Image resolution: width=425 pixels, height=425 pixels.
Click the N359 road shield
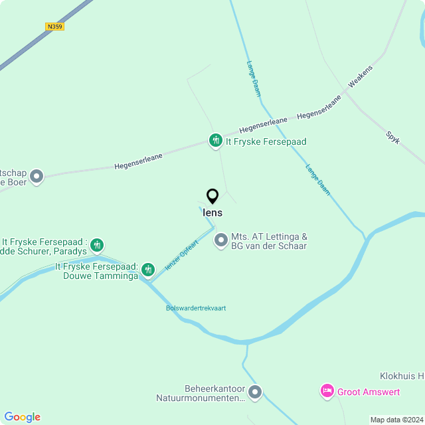(x=55, y=27)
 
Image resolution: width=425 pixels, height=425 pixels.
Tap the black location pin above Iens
(x=212, y=197)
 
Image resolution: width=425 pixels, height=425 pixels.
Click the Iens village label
(x=212, y=213)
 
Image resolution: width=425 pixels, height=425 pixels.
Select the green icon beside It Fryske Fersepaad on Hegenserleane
(x=215, y=141)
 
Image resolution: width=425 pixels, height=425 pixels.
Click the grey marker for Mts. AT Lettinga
(x=221, y=240)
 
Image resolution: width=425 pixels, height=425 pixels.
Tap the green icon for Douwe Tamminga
(x=148, y=269)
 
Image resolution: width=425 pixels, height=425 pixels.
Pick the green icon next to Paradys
(x=97, y=246)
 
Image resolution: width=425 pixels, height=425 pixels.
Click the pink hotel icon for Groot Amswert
(x=327, y=391)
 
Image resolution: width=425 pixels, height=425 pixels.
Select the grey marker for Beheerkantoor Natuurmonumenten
(x=255, y=392)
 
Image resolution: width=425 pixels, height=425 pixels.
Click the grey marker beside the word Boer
(x=37, y=177)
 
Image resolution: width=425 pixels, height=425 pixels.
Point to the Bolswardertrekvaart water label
(x=196, y=308)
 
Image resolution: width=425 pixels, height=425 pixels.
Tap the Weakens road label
(x=361, y=77)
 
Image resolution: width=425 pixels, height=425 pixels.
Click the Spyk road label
(x=392, y=138)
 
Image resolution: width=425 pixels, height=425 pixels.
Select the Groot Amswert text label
(x=369, y=392)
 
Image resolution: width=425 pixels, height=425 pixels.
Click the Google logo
(x=22, y=416)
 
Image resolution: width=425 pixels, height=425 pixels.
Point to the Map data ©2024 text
(x=396, y=420)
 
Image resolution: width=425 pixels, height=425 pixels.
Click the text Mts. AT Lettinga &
(x=269, y=236)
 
